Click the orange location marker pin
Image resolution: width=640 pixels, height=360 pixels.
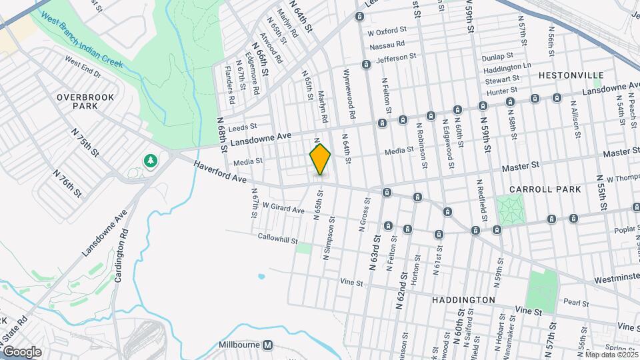tap(320, 159)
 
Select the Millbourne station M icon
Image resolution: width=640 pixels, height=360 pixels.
tap(267, 345)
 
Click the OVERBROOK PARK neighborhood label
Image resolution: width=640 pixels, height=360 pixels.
tap(85, 101)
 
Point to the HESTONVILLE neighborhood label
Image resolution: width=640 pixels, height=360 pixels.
tap(570, 75)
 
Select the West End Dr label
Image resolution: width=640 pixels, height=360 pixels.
tap(83, 66)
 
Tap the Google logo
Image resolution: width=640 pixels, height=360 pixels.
tap(22, 351)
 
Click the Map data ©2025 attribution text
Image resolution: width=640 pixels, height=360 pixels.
tap(611, 354)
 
